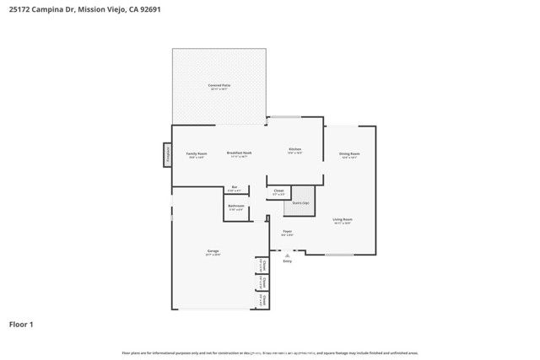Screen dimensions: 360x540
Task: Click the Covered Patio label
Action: (219, 86)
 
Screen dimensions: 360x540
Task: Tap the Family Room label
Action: (197, 154)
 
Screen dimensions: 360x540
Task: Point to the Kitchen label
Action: (294, 150)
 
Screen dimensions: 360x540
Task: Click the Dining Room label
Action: (349, 154)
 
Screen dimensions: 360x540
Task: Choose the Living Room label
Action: (342, 220)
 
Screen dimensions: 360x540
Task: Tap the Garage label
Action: (213, 251)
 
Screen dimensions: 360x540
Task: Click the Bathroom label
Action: (236, 207)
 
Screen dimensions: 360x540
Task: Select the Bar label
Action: (235, 188)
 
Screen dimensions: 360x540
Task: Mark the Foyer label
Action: (287, 232)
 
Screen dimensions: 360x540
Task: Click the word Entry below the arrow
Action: (287, 261)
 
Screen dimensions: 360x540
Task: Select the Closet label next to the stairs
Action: (278, 192)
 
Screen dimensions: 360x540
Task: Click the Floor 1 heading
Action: (21, 324)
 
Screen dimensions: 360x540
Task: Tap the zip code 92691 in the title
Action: (149, 10)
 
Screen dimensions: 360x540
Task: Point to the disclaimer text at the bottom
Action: (270, 352)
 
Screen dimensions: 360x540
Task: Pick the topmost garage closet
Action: (263, 266)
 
